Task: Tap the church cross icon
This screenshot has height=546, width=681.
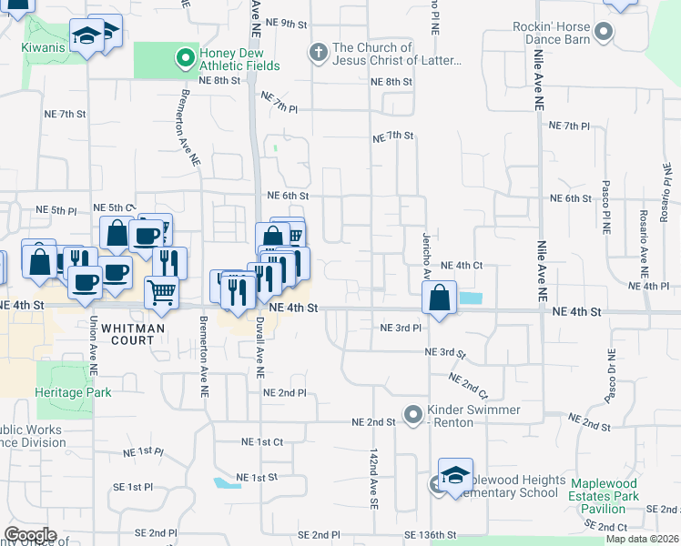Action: coord(319,53)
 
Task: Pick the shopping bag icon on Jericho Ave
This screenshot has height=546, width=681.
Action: coord(439,298)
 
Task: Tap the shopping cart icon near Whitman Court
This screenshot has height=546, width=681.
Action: coord(161,292)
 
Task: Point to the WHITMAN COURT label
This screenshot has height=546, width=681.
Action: coord(127,334)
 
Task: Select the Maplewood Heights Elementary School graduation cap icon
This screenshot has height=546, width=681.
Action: coord(455,475)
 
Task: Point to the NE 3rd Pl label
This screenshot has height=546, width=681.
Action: coord(401,328)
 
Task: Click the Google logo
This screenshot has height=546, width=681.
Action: coord(30,534)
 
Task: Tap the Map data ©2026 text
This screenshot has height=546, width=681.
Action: coord(642,539)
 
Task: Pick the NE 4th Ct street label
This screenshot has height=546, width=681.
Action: coord(461,265)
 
